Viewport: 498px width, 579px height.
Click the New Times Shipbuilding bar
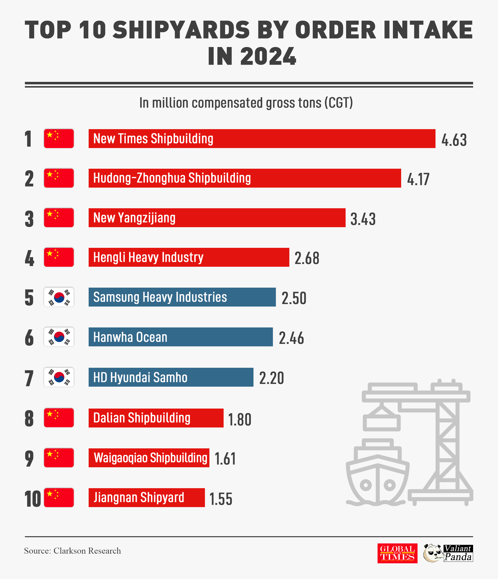pos(262,139)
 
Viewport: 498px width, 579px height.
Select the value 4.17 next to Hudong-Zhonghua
pos(418,179)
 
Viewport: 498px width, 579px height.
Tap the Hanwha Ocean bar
pos(180,337)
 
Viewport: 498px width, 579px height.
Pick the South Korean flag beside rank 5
pos(59,297)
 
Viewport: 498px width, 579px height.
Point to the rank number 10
pos(32,499)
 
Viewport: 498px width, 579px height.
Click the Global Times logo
pos(397,553)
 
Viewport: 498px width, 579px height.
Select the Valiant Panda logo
pos(448,553)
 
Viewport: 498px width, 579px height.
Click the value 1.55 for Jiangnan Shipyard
pos(221,499)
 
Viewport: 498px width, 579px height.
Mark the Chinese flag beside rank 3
pos(59,218)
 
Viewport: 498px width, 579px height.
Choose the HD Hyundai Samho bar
pos(171,377)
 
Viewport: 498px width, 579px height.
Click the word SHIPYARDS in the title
pos(181,30)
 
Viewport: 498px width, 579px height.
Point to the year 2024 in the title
pos(268,57)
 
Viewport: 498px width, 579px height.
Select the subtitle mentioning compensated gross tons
pos(246,103)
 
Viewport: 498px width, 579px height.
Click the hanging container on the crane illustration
pos(381,422)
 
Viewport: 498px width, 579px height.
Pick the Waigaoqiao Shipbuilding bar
pos(149,458)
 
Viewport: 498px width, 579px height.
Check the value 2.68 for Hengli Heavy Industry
pos(307,258)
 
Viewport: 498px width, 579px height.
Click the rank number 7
pos(29,378)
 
